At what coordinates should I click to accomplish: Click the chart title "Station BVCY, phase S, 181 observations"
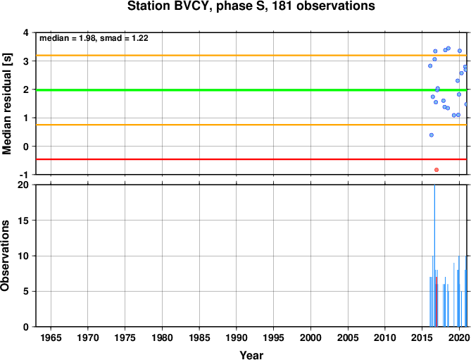pos(251,6)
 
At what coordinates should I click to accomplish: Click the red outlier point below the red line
pos(437,170)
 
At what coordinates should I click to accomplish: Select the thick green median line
pos(251,90)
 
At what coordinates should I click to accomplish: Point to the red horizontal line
pos(251,159)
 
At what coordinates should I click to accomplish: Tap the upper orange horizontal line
pos(251,55)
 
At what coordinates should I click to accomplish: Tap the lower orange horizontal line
pos(251,125)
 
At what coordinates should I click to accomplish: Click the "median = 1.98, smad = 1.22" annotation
pos(94,38)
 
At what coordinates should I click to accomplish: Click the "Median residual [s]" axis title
pos(6,104)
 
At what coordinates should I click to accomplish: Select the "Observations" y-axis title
pos(5,256)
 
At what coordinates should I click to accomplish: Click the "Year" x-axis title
pos(251,355)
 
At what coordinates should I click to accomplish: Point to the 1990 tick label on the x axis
pos(237,337)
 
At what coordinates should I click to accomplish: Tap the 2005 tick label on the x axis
pos(348,337)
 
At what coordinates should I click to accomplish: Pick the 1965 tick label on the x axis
pos(51,337)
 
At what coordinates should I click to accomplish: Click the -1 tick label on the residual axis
pos(27,175)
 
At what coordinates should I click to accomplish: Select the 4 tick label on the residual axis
pos(30,32)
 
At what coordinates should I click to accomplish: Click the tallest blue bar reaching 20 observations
pos(434,256)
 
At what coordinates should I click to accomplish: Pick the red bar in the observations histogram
pos(437,302)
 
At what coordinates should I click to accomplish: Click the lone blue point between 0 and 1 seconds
pos(432,135)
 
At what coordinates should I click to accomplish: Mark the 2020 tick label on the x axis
pos(459,337)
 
